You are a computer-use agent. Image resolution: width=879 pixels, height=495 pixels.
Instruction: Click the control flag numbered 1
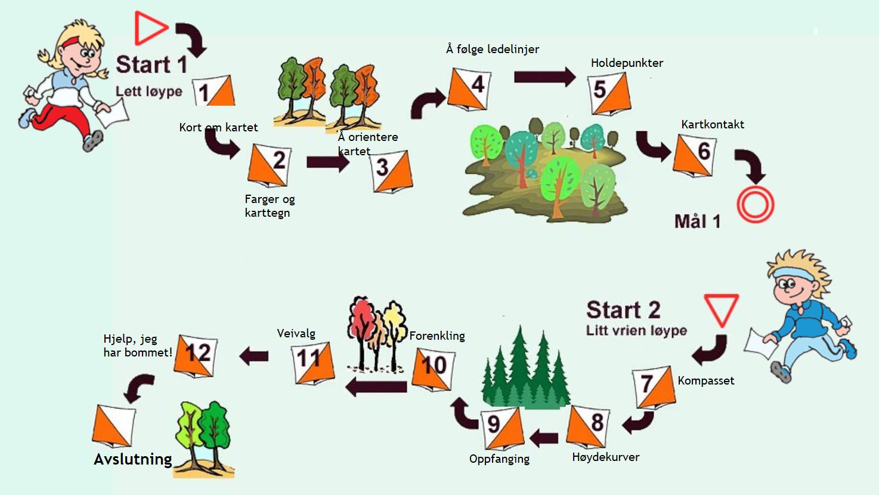coord(214,91)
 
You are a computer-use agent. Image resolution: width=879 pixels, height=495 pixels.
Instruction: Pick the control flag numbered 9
coord(503,429)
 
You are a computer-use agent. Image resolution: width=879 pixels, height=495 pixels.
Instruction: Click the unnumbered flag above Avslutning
coord(114,426)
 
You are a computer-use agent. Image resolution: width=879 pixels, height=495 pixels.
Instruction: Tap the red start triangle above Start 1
coord(151,28)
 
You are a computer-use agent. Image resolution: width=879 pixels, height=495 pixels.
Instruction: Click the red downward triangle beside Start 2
coord(721,308)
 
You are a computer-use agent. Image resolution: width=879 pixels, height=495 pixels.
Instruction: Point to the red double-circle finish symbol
coord(756,205)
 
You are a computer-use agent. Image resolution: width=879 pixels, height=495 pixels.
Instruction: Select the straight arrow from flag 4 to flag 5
coord(544,76)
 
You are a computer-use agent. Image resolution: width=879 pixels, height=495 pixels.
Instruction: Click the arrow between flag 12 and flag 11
coord(254,356)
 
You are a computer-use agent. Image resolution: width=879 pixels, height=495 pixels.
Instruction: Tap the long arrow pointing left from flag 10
coord(376,387)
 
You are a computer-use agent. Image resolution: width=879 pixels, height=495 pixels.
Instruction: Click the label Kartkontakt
coord(713,125)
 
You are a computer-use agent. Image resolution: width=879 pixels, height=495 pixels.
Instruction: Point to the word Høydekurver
coord(606,457)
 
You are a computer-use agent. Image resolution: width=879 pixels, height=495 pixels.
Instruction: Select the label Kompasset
coord(706,381)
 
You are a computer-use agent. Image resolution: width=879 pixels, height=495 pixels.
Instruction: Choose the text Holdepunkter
coord(627,63)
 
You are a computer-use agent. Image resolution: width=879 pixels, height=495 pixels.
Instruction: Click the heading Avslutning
coord(133,459)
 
